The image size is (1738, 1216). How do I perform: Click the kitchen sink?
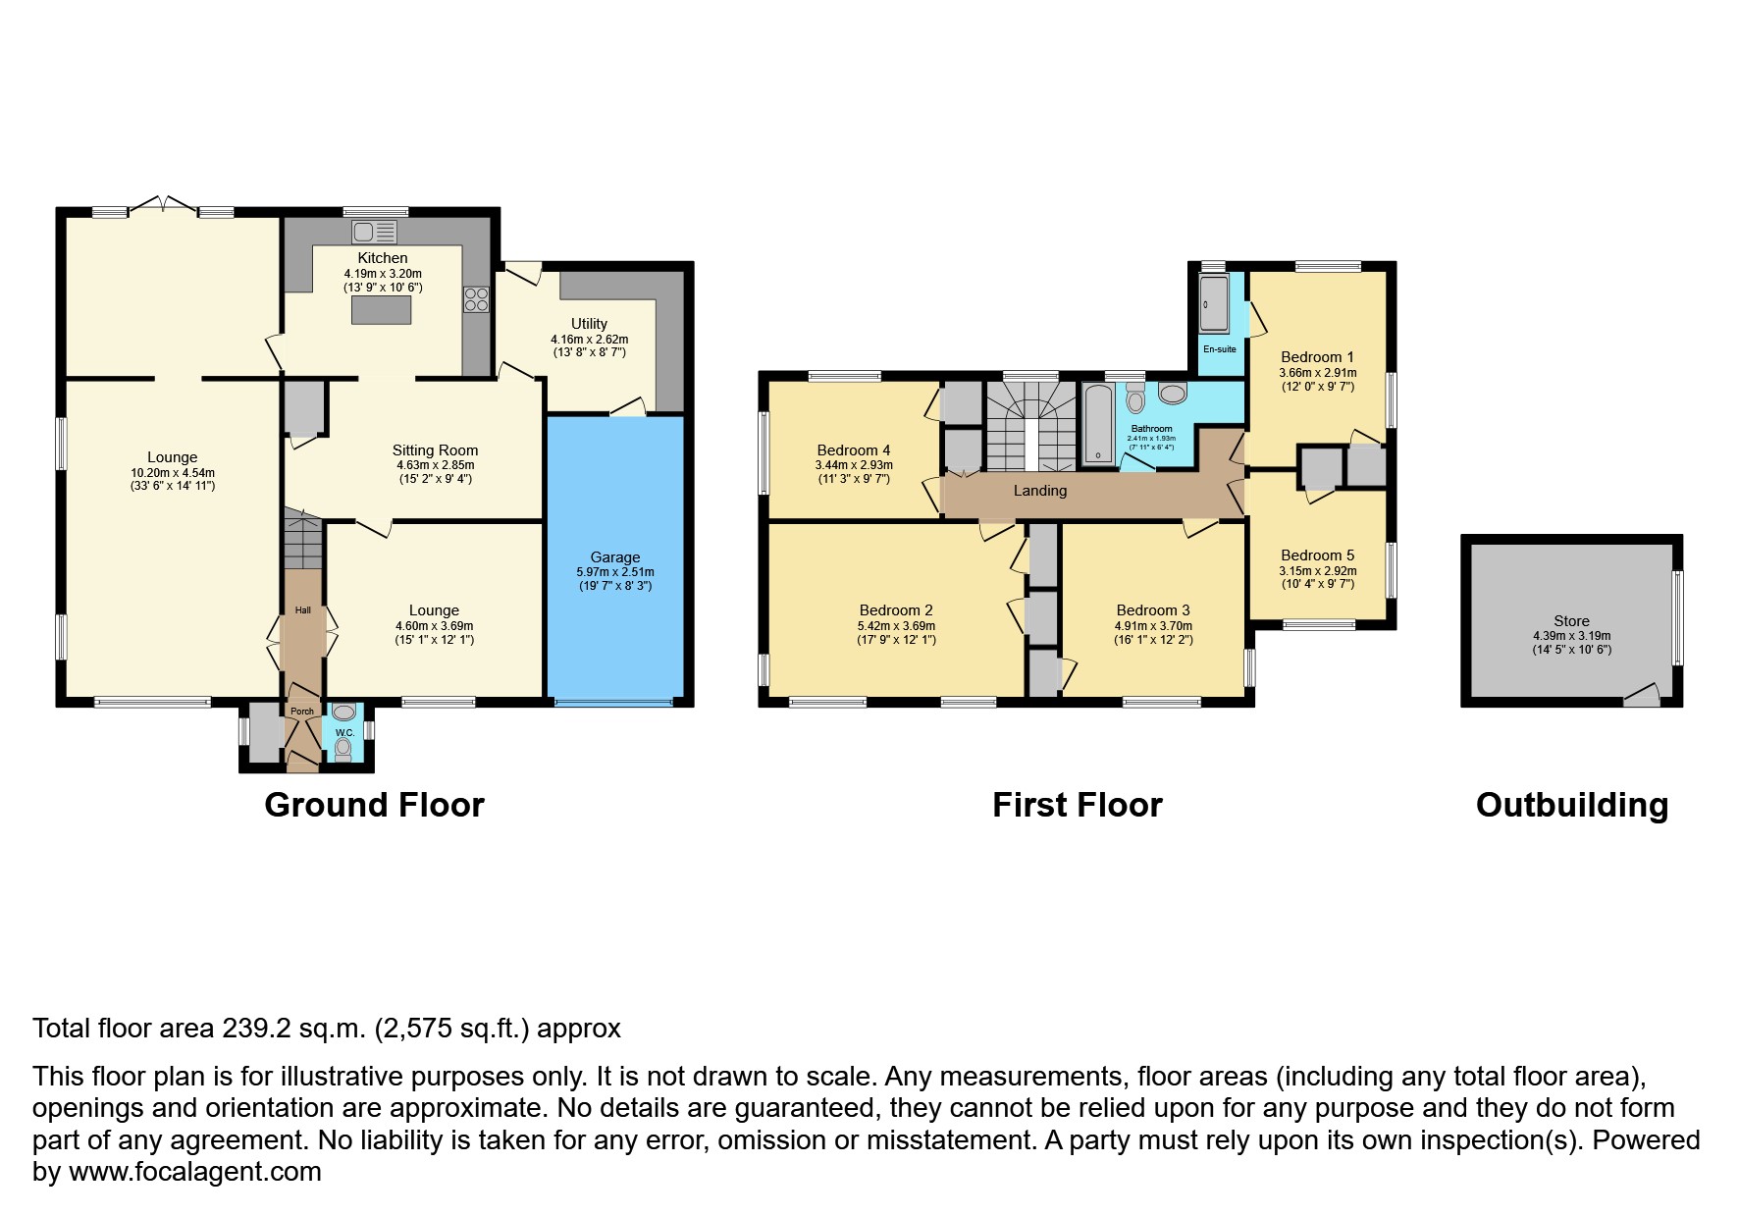[x=374, y=232]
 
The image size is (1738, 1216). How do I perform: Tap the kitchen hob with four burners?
[x=476, y=299]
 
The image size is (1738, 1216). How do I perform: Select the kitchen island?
[x=382, y=309]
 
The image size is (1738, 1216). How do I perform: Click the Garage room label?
[x=615, y=556]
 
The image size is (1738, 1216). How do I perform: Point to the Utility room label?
[x=589, y=323]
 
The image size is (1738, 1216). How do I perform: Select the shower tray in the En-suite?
[x=1213, y=304]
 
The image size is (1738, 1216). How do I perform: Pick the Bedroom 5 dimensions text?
[x=1318, y=577]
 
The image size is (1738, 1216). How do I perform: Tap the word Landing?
[x=1040, y=491]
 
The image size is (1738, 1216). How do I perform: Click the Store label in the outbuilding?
[x=1571, y=620]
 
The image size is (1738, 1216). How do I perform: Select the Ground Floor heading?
[x=374, y=805]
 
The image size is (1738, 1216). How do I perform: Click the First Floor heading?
[x=1078, y=805]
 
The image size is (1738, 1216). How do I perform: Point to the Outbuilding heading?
[x=1572, y=805]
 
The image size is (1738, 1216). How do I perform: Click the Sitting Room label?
[x=435, y=450]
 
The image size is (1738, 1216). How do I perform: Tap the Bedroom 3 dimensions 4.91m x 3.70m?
[x=1153, y=625]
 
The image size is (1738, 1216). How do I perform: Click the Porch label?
[x=302, y=712]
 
